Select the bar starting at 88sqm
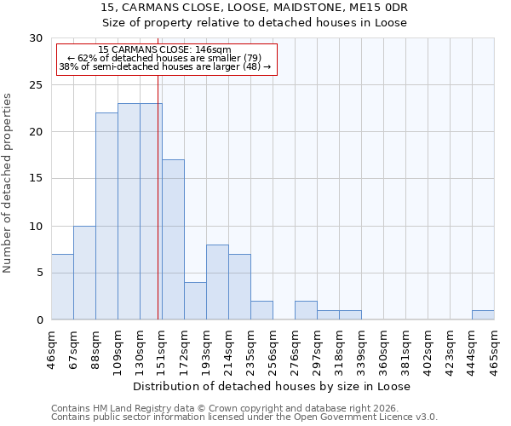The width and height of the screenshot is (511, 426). point(106,216)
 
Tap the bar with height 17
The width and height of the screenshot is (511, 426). point(173,239)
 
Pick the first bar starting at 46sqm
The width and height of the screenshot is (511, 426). point(62,286)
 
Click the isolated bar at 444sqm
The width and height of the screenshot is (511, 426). point(483,314)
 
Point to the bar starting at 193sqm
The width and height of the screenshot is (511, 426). point(217,282)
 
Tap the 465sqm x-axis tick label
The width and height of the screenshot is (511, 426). point(494,347)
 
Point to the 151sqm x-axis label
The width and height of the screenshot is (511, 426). point(162,347)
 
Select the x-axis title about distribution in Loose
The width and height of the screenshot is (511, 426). point(273,386)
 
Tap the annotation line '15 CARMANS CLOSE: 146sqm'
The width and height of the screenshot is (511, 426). point(164,50)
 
